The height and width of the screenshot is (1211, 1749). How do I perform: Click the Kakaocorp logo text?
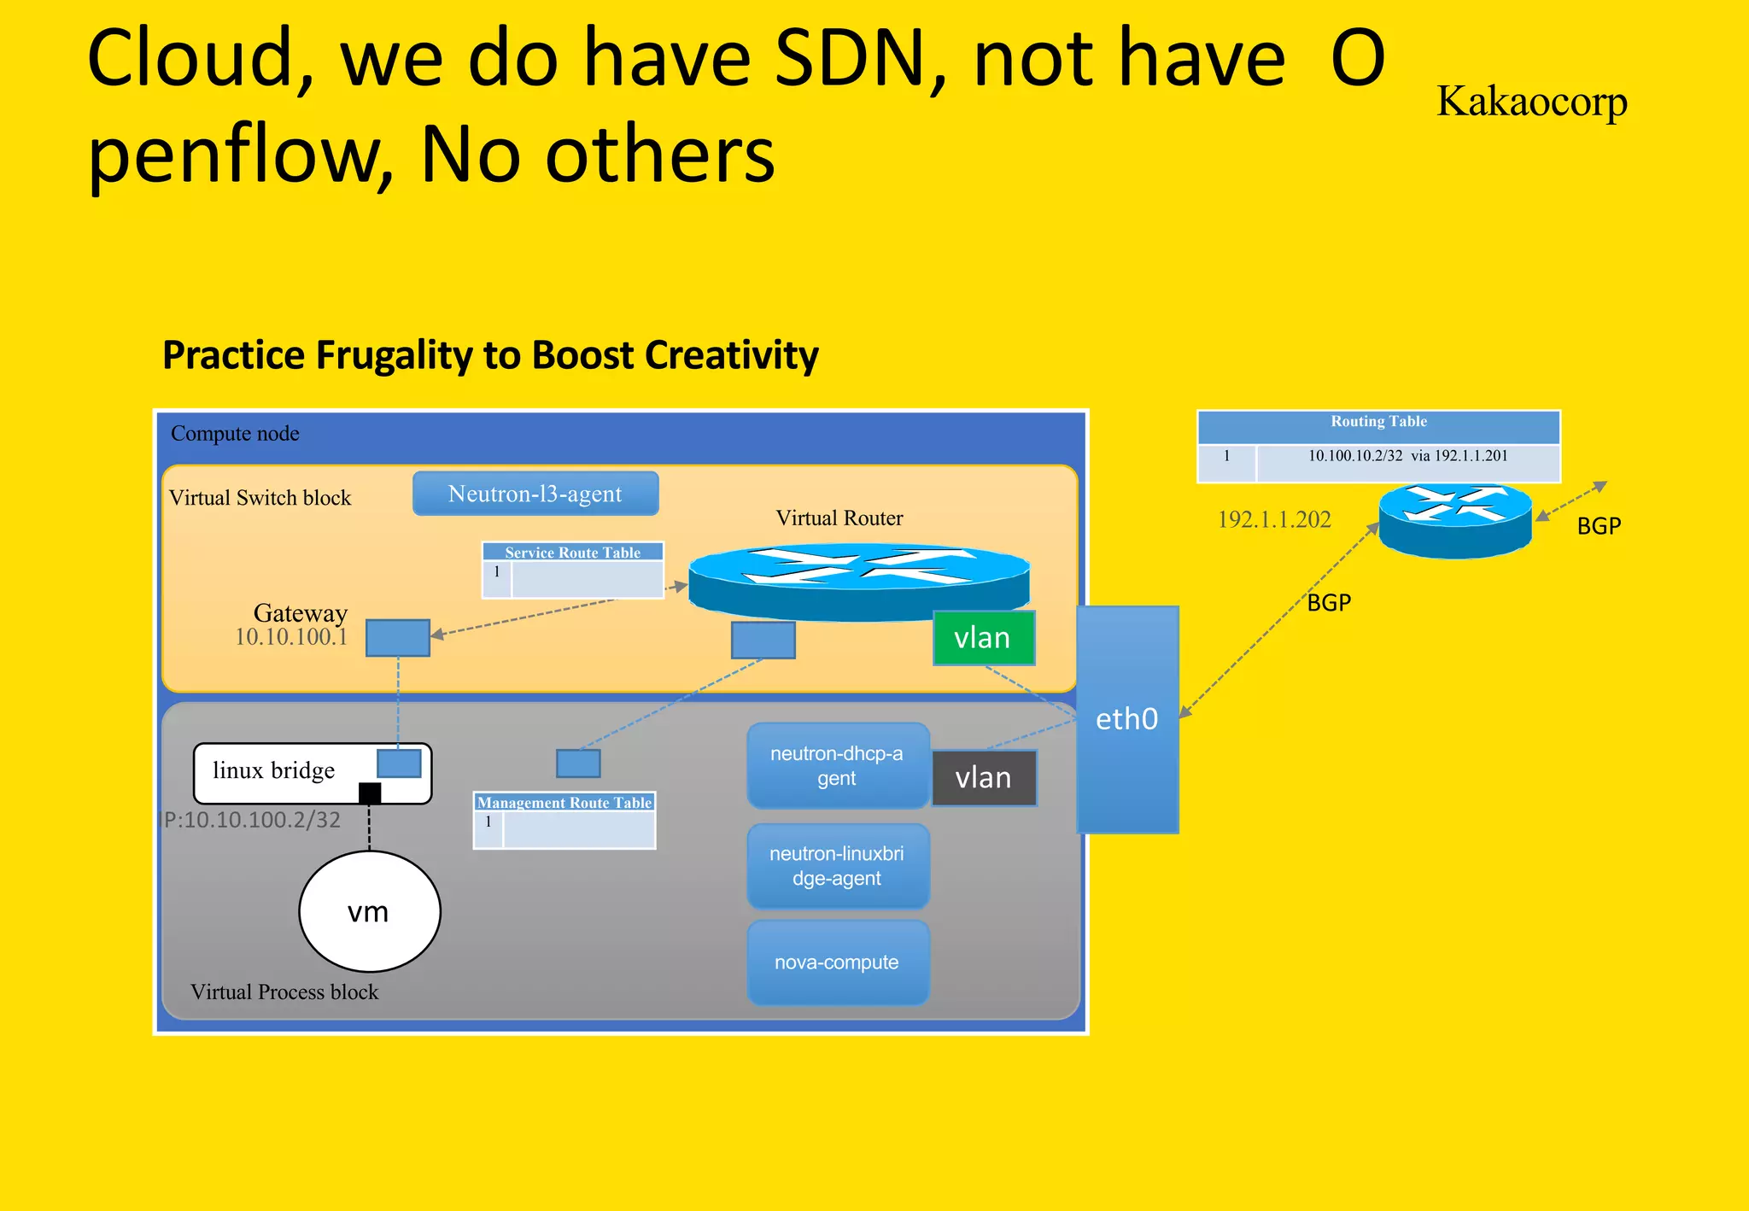[x=1531, y=102]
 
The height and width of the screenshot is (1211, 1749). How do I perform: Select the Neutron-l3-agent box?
[x=535, y=494]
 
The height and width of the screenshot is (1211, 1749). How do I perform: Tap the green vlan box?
[x=983, y=638]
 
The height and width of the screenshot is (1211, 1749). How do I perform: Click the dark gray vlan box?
[x=984, y=778]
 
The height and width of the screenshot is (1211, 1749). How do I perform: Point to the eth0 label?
[x=1126, y=719]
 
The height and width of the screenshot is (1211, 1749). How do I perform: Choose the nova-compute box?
[x=837, y=962]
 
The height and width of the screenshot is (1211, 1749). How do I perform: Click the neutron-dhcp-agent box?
[x=837, y=766]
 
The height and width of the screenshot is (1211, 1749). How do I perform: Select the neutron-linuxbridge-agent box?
[x=837, y=866]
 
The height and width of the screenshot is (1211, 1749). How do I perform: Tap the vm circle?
[x=369, y=911]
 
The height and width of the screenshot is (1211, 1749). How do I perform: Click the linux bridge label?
[x=273, y=771]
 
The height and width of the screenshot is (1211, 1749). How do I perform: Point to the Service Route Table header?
[x=572, y=553]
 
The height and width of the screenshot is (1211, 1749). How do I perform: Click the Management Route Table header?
[x=564, y=803]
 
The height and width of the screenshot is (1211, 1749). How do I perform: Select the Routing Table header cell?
[x=1378, y=422]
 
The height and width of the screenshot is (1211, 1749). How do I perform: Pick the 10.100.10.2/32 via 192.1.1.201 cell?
[x=1407, y=456]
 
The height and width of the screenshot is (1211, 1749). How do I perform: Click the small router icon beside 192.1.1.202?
[x=1455, y=518]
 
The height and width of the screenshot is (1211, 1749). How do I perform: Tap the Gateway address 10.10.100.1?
[x=291, y=637]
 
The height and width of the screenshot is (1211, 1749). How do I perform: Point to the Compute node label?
[x=235, y=434]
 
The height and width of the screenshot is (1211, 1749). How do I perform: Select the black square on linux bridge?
[x=370, y=793]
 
